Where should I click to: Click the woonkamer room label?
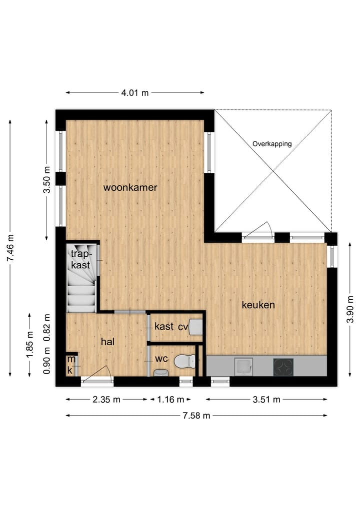(x=130, y=188)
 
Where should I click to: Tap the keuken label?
(x=258, y=305)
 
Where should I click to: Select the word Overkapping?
(x=272, y=144)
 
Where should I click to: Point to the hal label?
(x=108, y=341)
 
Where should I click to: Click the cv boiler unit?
(x=195, y=327)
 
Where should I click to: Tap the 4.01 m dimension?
(x=135, y=93)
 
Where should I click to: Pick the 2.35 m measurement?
(x=106, y=399)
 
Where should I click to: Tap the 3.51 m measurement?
(x=266, y=399)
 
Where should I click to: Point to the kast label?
(x=163, y=327)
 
